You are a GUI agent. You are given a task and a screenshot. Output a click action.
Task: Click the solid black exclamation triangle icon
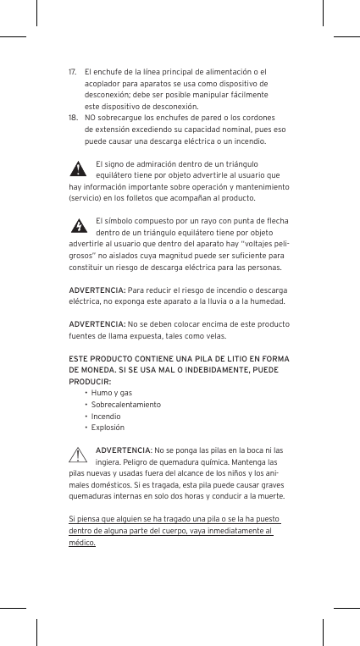click(79, 168)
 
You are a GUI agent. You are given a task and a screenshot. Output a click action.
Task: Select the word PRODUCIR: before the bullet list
click(90, 382)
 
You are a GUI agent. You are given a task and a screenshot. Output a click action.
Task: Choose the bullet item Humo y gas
click(112, 394)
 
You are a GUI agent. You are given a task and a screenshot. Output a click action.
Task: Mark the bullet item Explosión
click(108, 428)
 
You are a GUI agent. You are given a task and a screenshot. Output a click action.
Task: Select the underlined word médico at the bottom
click(82, 543)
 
